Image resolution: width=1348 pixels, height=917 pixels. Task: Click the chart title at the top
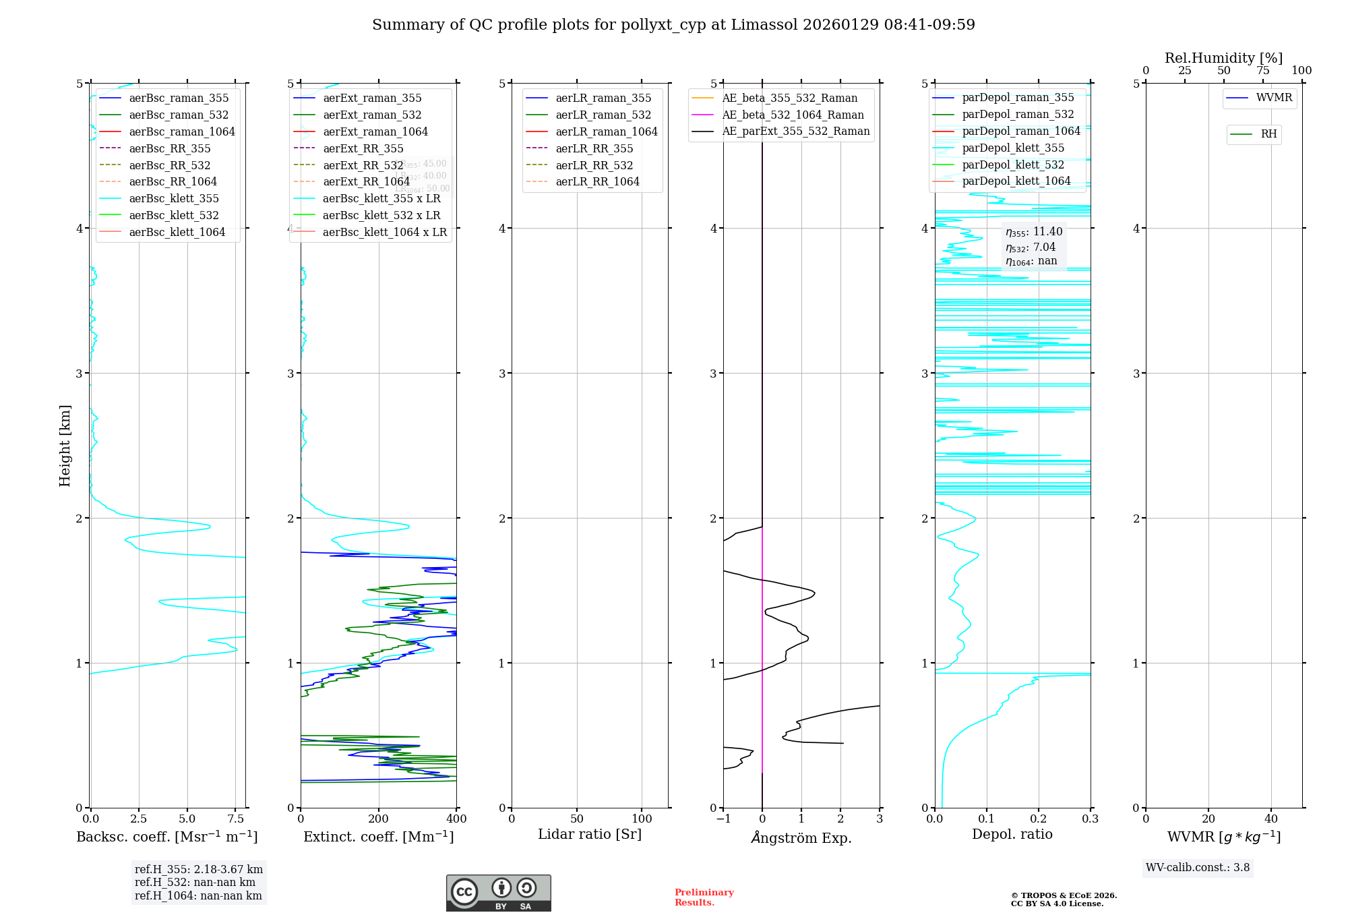[673, 25]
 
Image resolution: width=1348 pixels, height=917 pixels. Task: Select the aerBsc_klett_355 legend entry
[174, 198]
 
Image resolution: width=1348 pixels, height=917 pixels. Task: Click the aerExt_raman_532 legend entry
[372, 115]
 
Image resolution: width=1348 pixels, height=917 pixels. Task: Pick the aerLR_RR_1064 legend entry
[597, 181]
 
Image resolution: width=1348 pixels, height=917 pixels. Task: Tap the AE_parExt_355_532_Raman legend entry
[795, 131]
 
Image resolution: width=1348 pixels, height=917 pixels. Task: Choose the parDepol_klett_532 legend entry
[1012, 165]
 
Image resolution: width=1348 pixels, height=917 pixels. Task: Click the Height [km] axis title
[65, 446]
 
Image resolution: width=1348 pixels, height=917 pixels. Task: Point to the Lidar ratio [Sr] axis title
[590, 834]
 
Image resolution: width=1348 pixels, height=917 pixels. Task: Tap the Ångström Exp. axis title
[801, 837]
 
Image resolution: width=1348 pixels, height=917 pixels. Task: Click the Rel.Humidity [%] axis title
[1223, 58]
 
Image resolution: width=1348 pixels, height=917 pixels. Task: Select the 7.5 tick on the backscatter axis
[235, 819]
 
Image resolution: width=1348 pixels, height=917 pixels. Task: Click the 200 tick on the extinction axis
[379, 819]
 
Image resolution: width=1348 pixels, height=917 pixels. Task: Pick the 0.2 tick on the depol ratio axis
[1039, 819]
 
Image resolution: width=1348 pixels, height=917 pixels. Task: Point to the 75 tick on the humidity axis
[1263, 71]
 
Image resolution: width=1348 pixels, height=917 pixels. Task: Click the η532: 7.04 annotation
[1031, 247]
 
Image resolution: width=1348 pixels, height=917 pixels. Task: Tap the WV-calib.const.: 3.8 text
[1198, 868]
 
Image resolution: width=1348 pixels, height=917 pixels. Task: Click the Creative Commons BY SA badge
[498, 893]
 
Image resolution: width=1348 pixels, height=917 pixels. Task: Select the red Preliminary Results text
[704, 897]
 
